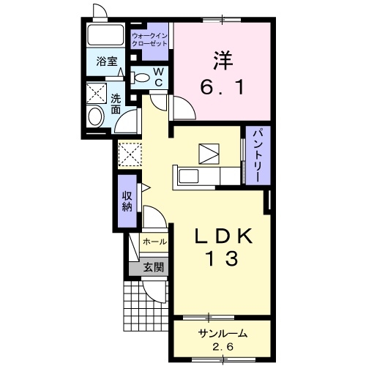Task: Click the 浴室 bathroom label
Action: pos(107,61)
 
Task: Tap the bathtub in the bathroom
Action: pos(105,34)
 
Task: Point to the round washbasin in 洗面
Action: pos(96,117)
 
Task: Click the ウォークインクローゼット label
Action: pos(149,40)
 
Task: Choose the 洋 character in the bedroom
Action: pos(223,61)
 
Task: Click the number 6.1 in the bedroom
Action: pos(222,87)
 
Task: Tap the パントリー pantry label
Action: pos(258,155)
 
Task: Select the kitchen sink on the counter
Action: pos(188,176)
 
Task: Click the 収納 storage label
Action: pos(127,201)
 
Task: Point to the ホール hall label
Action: pos(154,242)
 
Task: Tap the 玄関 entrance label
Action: pos(153,267)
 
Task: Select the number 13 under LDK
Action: pos(223,259)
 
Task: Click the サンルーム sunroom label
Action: pos(223,333)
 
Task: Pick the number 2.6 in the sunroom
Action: pos(223,346)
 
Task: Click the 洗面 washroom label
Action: pos(116,104)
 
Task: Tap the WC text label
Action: pos(159,77)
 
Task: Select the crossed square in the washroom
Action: pos(97,93)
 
